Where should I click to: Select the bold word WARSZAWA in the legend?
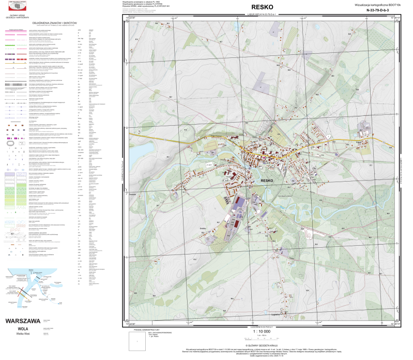pos(22,321)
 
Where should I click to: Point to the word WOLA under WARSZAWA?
pos(22,327)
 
